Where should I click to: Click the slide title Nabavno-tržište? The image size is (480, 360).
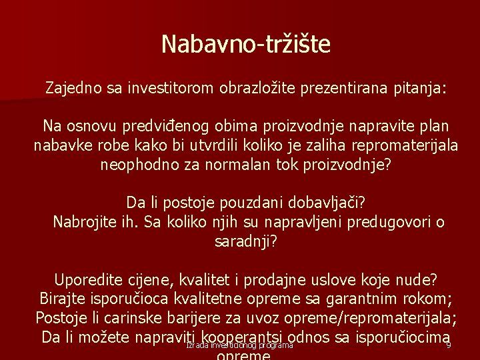(246, 45)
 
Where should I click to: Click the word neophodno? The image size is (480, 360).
(139, 164)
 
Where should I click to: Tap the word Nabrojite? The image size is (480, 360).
(83, 222)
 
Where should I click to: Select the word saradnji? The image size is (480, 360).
(244, 241)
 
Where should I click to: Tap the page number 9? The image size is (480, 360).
(449, 345)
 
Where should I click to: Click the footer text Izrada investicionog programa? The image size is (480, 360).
(240, 345)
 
